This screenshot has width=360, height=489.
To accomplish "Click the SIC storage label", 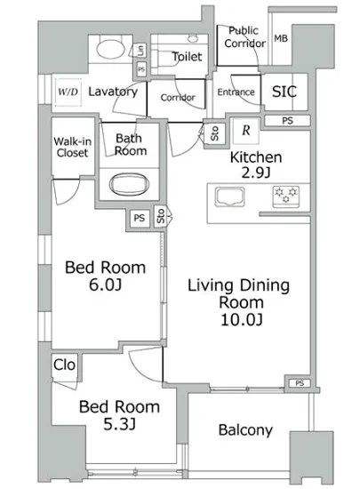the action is click(x=284, y=92).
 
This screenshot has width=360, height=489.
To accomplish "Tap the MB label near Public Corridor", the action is click(x=281, y=38).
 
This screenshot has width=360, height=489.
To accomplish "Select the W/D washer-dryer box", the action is click(x=68, y=92).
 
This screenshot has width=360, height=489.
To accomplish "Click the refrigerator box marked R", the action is click(x=246, y=131).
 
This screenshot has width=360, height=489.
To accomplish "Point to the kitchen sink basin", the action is click(x=229, y=196).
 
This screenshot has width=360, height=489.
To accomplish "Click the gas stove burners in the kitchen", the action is click(x=286, y=196).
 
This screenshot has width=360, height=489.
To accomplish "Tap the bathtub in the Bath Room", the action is click(x=130, y=184).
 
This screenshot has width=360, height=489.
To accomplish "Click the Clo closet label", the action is click(x=64, y=365).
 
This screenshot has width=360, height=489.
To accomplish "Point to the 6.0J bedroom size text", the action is click(x=106, y=285).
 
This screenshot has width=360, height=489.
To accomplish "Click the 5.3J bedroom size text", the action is click(x=119, y=424).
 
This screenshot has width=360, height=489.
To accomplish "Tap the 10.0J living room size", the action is click(x=242, y=320).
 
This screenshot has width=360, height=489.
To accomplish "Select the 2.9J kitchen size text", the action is click(x=256, y=172).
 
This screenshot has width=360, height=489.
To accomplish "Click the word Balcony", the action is click(x=245, y=430).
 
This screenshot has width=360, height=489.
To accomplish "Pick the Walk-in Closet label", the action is click(x=73, y=147).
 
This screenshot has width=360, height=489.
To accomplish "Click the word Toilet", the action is click(x=187, y=56).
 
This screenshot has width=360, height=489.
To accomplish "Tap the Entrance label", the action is click(x=236, y=92).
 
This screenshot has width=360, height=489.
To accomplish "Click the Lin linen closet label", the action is click(x=141, y=50).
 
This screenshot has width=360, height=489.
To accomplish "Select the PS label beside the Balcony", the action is click(x=300, y=383).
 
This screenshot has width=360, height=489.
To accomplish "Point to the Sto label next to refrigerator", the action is click(x=214, y=133).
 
